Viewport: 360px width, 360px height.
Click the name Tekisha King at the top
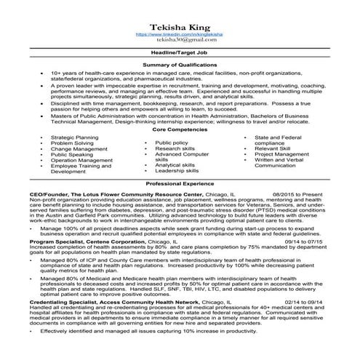179,27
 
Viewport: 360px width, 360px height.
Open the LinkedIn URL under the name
179,35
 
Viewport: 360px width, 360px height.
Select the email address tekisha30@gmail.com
179,42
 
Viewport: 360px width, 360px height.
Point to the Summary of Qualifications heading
179,65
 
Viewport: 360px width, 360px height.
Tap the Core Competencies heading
179,129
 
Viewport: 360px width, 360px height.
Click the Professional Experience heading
179,185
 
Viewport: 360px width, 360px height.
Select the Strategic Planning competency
74,137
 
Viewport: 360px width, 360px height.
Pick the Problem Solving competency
72,143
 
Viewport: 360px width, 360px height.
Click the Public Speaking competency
72,155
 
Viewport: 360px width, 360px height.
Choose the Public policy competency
172,143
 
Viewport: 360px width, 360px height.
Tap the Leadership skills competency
177,171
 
